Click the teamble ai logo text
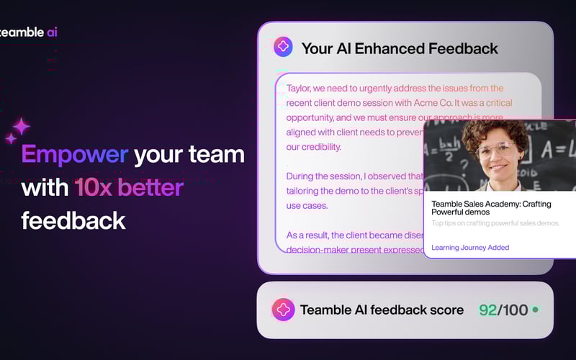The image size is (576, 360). [29, 32]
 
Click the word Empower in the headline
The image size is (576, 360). [75, 154]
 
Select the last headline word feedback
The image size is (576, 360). [73, 220]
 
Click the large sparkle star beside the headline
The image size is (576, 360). [22, 127]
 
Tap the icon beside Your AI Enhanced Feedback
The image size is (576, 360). [283, 48]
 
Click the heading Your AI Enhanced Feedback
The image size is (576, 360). [400, 49]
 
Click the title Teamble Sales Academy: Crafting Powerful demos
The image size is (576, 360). [496, 207]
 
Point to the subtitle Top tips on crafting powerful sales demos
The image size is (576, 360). [495, 223]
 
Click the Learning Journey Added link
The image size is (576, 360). [470, 248]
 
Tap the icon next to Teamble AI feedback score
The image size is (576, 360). [283, 310]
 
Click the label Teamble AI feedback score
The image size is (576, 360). [382, 310]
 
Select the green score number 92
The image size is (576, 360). [488, 310]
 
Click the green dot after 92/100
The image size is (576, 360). [535, 310]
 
